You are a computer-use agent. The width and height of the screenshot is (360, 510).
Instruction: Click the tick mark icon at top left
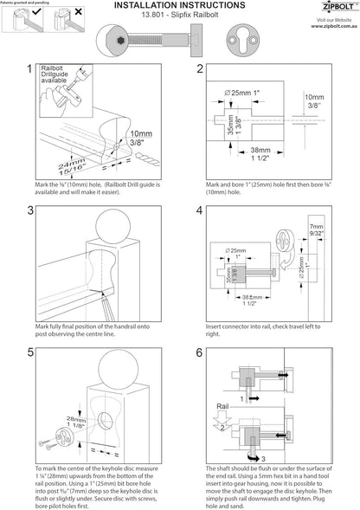(35, 15)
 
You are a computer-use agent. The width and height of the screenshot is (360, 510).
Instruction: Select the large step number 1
(31, 69)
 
